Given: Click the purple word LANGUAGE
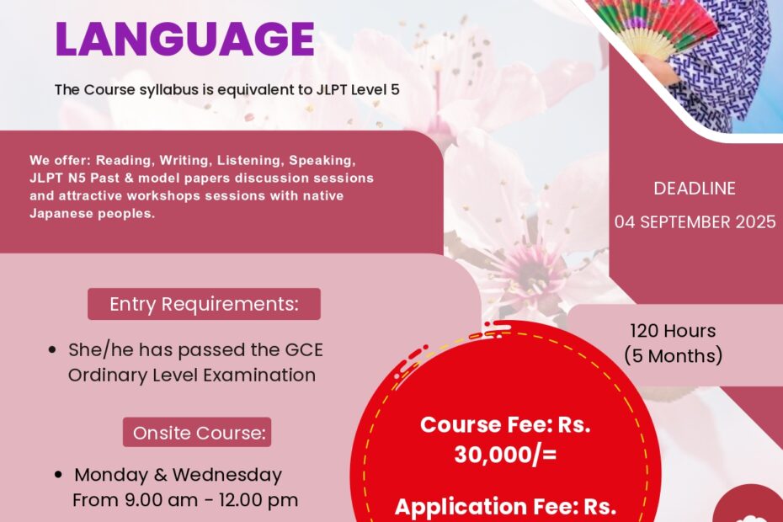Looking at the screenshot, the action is pos(184,39).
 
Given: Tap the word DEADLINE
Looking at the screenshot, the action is pos(695,189).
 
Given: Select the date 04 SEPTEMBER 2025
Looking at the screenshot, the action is pos(695,221).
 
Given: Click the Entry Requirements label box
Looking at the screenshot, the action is pos(205,304).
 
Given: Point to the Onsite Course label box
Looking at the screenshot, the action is pos(197,432).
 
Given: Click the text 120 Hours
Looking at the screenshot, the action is pos(673,331).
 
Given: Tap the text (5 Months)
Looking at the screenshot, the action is pos(674,355).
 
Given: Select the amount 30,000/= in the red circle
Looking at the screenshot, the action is pos(505,455).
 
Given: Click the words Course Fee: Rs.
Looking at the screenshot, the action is pos(505,424).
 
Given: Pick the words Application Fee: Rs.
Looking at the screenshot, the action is pos(505,507).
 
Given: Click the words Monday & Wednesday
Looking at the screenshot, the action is pos(178,475).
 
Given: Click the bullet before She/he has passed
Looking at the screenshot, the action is pos(52,350).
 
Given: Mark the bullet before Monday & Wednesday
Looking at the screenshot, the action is pos(59,475).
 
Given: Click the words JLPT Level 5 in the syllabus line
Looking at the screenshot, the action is pos(358,90).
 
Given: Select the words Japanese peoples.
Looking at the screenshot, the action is pos(93,213).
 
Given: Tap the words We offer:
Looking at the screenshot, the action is pos(61,160).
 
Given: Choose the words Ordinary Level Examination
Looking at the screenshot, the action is pos(192,376).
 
